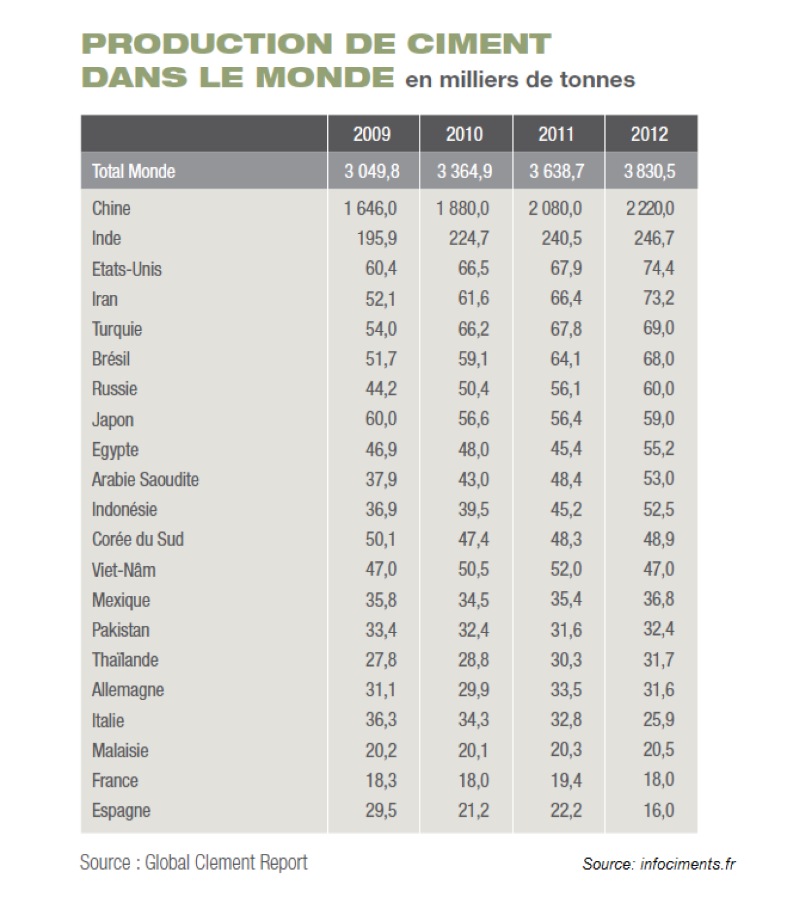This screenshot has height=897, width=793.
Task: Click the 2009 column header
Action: pos(372,134)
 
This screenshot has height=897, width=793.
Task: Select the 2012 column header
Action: pos(649,134)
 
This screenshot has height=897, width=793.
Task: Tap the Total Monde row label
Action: pos(133,171)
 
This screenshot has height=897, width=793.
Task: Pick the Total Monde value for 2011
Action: pos(556,171)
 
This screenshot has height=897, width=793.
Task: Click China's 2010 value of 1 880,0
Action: pos(463,209)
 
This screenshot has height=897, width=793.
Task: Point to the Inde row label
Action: pos(106,238)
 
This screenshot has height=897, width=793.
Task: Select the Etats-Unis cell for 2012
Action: pos(659,268)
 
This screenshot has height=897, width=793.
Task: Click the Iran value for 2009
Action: pos(381,299)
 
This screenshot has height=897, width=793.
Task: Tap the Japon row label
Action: pos(113,420)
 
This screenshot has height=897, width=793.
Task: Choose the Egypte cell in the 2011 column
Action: pos(566,449)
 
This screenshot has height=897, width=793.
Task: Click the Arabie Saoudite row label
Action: pos(145,479)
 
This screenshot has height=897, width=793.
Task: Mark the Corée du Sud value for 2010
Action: pos(473,539)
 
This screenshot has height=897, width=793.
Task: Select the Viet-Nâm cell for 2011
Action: pos(566,569)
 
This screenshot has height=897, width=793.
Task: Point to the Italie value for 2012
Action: pos(659,719)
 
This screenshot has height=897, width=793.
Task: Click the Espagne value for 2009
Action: pos(381,810)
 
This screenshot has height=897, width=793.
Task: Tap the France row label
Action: pos(115,780)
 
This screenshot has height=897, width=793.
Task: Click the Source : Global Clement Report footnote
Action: pos(193,862)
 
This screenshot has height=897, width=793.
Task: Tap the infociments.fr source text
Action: pos(688,864)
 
